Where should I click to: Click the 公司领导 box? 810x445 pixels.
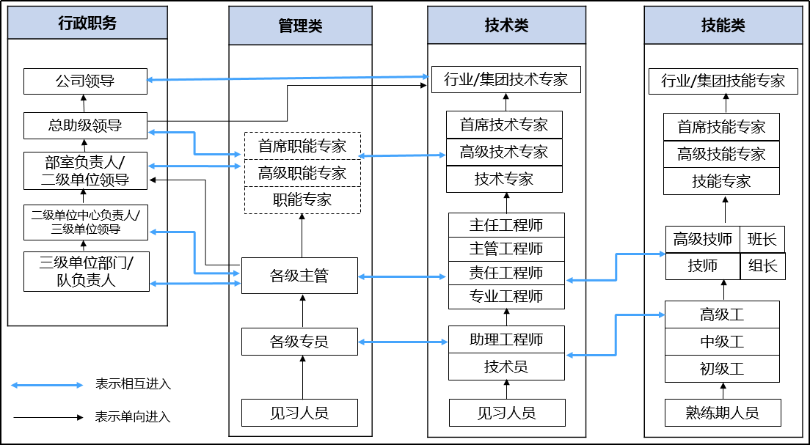(x=85, y=81)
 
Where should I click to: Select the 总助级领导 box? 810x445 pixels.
(x=85, y=125)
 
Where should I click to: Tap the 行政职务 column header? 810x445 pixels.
(x=87, y=23)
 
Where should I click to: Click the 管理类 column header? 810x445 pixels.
(x=300, y=26)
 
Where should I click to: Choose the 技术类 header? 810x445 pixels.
(x=507, y=26)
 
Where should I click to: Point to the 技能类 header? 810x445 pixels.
(x=723, y=26)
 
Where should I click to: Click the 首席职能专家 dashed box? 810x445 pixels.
(x=302, y=146)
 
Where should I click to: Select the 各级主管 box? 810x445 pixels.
(x=299, y=276)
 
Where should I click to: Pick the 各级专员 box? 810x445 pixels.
(x=299, y=341)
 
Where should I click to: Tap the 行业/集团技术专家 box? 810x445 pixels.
(x=506, y=79)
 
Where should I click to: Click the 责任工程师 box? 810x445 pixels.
(x=506, y=273)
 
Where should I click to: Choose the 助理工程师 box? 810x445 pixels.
(x=506, y=339)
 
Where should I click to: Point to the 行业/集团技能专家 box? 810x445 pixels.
(x=723, y=81)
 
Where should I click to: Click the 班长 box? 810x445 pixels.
(x=762, y=239)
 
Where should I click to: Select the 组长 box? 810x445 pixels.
(x=762, y=266)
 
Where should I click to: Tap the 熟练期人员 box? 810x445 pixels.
(x=723, y=413)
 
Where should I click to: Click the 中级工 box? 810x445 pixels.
(x=722, y=341)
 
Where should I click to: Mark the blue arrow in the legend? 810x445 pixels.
(x=47, y=385)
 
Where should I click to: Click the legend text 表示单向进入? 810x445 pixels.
(x=133, y=416)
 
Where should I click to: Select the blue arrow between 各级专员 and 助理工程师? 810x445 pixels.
(x=403, y=342)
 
